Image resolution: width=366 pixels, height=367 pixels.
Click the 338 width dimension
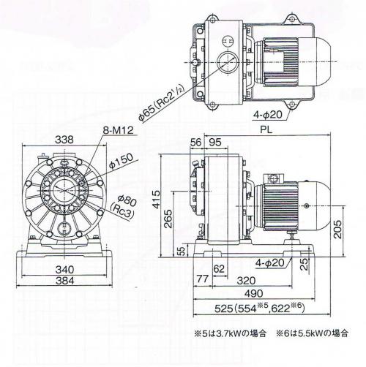coord(64,140)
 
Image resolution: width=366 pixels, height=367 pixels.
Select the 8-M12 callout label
coord(119,130)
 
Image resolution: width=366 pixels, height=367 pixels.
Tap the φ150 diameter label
coord(122,161)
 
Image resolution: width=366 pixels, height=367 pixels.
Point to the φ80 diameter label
coord(126,201)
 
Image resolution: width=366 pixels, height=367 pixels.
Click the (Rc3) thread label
coord(122,211)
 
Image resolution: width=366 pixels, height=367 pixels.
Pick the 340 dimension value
coord(64,270)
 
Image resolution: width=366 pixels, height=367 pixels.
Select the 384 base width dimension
coord(64,281)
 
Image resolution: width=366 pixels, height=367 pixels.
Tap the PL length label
coord(266,129)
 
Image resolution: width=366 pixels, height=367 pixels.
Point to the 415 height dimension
coord(157,200)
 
